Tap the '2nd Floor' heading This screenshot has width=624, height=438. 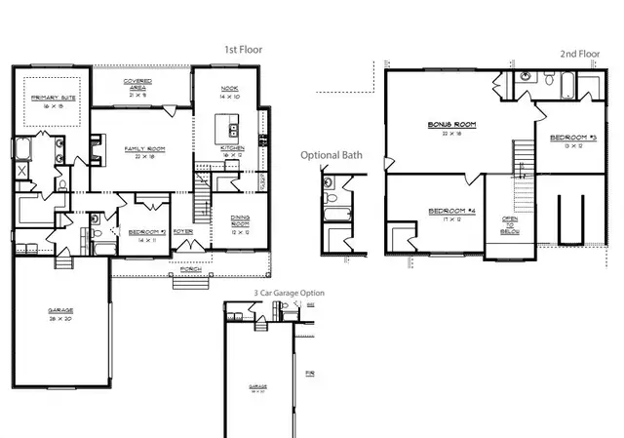click(x=580, y=55)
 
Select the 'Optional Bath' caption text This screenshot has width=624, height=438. click(x=331, y=155)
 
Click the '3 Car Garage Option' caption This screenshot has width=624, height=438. click(x=289, y=293)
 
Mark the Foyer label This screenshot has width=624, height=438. click(x=183, y=231)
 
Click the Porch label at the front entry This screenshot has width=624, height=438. click(x=191, y=268)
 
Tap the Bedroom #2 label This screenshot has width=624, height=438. click(x=139, y=232)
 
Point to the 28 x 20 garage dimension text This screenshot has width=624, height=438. click(x=60, y=318)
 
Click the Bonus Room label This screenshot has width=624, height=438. click(x=449, y=126)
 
